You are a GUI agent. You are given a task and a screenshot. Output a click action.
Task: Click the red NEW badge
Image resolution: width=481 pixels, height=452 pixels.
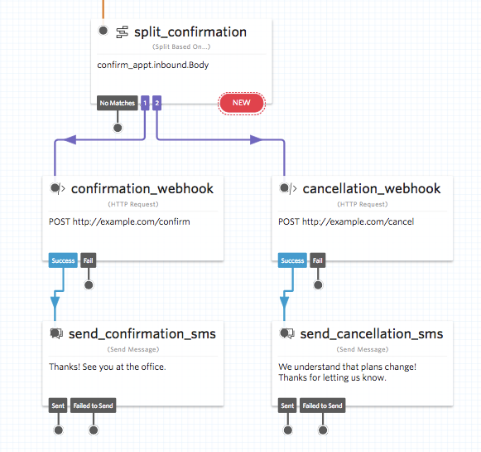(241, 103)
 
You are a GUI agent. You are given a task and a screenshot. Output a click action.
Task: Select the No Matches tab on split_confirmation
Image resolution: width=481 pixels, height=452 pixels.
(117, 103)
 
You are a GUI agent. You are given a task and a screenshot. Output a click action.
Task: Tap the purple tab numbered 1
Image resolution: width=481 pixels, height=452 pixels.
(145, 103)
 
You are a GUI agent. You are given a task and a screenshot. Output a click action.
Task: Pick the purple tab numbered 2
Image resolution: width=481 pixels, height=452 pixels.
(156, 103)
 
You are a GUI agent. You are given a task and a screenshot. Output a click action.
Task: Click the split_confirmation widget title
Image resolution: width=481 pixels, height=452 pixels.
(190, 32)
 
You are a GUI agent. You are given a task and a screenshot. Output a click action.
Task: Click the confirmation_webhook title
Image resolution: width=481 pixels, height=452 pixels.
(142, 189)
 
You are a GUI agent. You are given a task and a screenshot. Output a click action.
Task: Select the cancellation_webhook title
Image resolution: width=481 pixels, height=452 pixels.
(371, 189)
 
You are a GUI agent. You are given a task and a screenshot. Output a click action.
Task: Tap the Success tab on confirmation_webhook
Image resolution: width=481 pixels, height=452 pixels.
(64, 260)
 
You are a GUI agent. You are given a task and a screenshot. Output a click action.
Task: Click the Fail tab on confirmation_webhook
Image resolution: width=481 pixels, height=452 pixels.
(89, 260)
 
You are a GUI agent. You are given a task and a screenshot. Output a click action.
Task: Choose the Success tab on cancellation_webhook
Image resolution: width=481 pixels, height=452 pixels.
(292, 260)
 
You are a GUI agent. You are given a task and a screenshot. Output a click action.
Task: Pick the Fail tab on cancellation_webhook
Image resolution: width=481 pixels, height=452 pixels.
(318, 260)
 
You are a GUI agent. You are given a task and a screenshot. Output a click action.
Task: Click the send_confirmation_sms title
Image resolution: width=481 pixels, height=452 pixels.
(143, 334)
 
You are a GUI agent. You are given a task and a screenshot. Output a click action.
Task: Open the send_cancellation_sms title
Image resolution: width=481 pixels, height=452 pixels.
(371, 334)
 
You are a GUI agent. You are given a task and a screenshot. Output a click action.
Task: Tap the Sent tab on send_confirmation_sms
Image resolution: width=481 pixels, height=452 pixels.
(58, 406)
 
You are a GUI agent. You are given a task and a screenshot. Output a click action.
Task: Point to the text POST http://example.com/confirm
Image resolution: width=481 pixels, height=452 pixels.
(119, 221)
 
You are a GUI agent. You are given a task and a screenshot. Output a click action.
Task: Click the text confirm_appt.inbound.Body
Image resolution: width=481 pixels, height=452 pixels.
(153, 65)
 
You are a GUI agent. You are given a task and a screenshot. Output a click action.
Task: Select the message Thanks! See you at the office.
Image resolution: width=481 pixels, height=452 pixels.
(108, 367)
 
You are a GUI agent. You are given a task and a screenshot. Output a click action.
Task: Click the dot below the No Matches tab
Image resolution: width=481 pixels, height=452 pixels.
(118, 128)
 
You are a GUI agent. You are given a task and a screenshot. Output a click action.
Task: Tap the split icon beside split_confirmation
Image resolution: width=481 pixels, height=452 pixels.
(122, 32)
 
